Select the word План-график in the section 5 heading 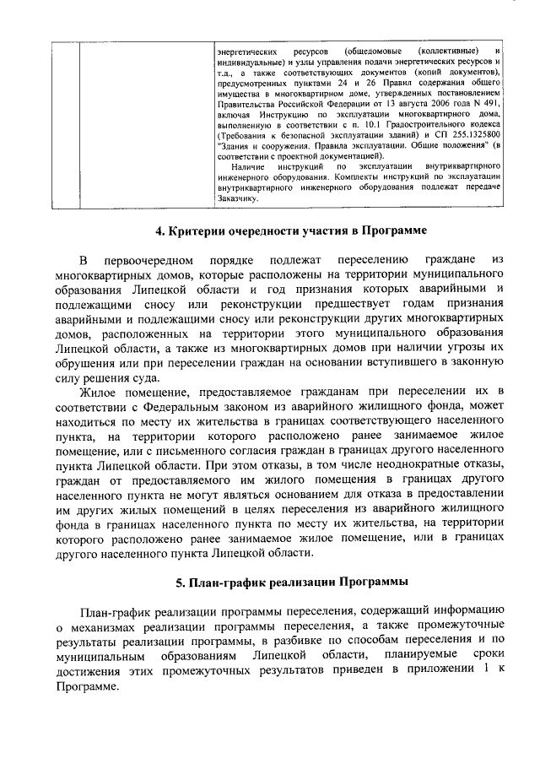click(x=222, y=582)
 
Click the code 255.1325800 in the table click(x=473, y=135)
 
